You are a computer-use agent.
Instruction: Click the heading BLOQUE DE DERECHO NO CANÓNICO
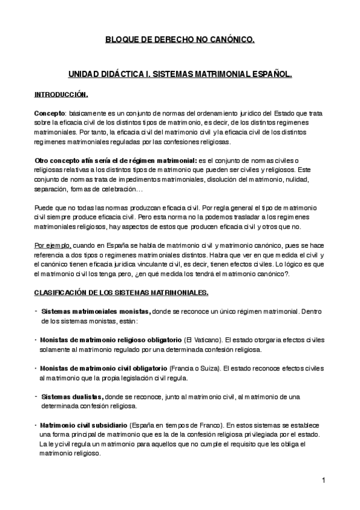coord(180,40)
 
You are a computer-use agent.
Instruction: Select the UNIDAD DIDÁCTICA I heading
coord(180,76)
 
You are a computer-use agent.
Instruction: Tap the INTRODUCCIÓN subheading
coord(61,94)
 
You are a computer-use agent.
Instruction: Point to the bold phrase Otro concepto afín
coord(71,160)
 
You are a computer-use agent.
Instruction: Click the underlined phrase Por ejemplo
coord(53,245)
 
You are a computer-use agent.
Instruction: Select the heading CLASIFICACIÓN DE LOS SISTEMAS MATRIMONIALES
coord(121,292)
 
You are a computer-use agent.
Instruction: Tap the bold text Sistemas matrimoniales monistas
coord(95,312)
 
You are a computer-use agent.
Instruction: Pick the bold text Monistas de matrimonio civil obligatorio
coord(103,367)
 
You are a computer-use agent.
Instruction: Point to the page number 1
coord(323,480)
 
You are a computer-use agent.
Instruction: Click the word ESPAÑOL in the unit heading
coord(270,76)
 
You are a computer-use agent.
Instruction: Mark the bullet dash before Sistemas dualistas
coord(36,396)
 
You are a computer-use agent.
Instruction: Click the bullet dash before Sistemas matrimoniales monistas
coord(36,312)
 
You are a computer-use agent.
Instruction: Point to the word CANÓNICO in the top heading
coord(229,40)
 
